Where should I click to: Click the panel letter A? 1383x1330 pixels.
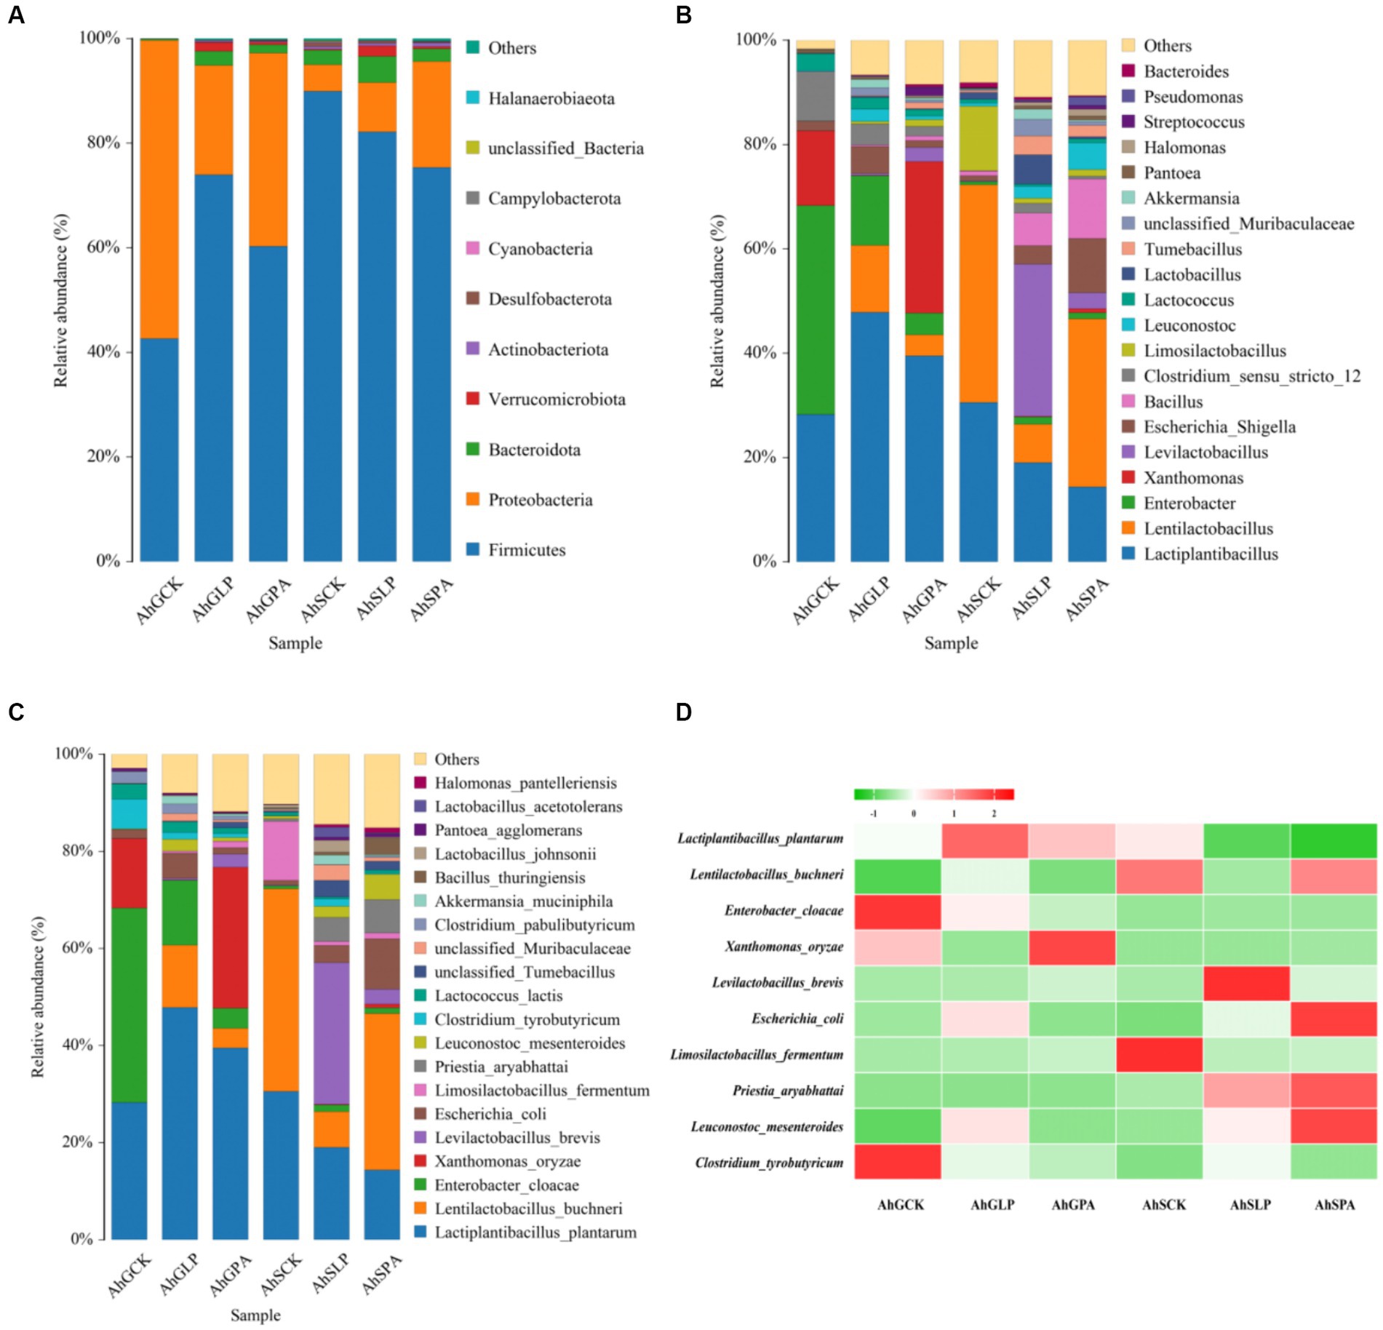click(15, 15)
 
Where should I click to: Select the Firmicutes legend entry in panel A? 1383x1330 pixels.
click(526, 550)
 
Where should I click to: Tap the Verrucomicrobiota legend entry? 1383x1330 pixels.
click(556, 399)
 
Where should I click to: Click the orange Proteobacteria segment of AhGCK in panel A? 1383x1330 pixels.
click(159, 189)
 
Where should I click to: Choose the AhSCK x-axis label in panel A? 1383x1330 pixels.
click(323, 600)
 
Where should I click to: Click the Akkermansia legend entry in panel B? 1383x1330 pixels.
click(1190, 198)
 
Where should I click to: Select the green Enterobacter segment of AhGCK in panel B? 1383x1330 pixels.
click(816, 309)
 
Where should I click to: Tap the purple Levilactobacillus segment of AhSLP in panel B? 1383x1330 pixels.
click(1032, 340)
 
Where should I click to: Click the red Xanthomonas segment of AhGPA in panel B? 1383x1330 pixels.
click(924, 236)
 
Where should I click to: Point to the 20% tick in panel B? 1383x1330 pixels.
click(760, 457)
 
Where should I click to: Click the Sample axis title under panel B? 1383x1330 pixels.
click(950, 643)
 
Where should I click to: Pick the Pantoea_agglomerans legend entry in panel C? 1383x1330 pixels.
click(508, 830)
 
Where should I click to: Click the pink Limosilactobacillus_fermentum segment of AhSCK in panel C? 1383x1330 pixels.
click(281, 850)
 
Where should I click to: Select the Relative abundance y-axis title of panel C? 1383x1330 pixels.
click(38, 996)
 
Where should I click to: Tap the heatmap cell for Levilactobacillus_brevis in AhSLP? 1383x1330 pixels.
click(1246, 983)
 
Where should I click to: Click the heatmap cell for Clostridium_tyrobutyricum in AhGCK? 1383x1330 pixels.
click(897, 1162)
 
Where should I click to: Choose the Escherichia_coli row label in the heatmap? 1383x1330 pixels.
click(797, 1019)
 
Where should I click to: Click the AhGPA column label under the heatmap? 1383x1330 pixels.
click(1072, 1205)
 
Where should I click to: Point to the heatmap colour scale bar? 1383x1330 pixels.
click(933, 795)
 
